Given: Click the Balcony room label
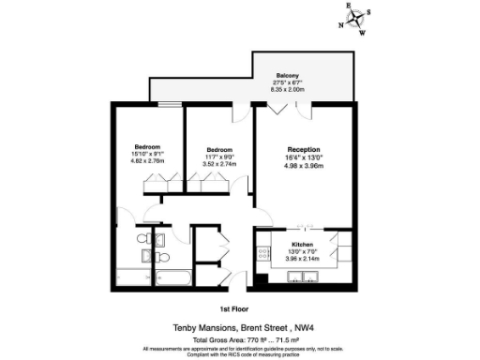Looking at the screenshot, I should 288,76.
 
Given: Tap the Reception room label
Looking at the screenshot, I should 303,150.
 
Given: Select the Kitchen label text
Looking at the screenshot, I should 302,244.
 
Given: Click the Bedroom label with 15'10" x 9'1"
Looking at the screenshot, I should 147,147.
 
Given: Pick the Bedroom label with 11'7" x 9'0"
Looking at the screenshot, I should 220,150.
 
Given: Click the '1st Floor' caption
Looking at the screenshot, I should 232,307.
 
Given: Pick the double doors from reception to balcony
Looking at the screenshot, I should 278,106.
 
